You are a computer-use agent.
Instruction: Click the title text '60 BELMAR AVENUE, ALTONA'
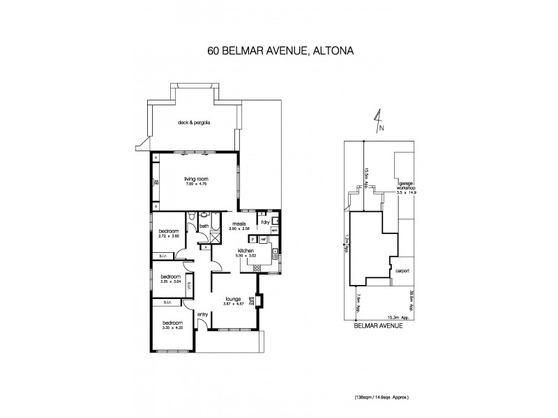pos(279,50)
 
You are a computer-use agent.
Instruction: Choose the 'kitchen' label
pos(245,249)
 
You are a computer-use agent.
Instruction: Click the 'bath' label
pos(204,226)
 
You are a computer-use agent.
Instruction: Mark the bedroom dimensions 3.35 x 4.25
pos(172,328)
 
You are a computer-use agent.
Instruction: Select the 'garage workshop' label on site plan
pos(405,187)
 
